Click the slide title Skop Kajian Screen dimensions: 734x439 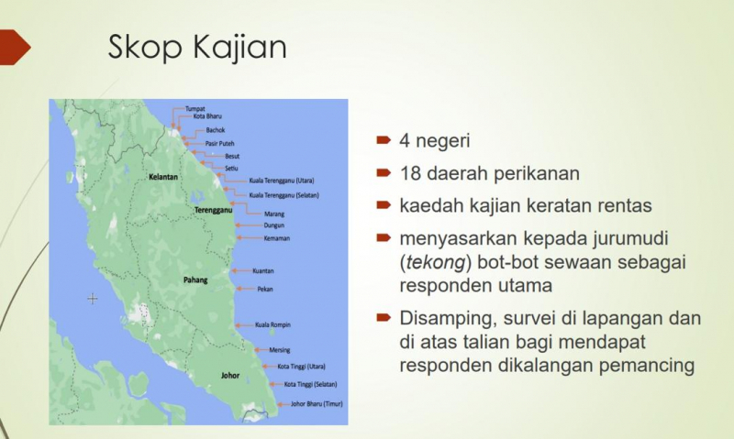click(x=197, y=48)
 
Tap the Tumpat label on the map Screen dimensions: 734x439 click(x=195, y=108)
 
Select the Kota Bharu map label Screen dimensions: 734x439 click(x=207, y=116)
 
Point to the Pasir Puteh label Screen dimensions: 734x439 click(x=219, y=144)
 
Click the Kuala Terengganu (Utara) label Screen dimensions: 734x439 click(x=282, y=181)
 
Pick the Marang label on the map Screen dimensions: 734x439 click(x=274, y=214)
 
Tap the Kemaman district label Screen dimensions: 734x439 click(x=277, y=238)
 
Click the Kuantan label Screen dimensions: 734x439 click(x=263, y=271)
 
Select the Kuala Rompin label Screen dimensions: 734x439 click(x=272, y=325)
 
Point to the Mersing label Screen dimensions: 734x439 click(x=280, y=350)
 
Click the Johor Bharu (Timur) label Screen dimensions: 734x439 click(x=317, y=404)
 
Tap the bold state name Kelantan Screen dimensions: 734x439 click(x=163, y=177)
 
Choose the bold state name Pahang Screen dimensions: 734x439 click(x=195, y=280)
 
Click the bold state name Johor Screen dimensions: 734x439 click(x=230, y=376)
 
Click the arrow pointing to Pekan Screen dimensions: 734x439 click(x=245, y=289)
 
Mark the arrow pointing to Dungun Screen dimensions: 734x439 click(x=248, y=225)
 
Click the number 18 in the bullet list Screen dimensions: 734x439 click(x=409, y=174)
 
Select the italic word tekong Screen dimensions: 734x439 click(x=436, y=262)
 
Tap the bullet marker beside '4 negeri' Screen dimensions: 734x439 click(x=384, y=140)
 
